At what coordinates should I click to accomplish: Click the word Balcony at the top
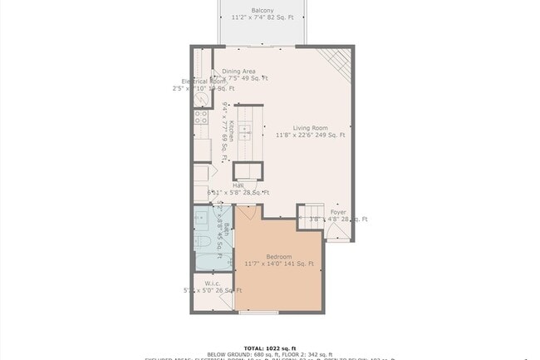point(263,10)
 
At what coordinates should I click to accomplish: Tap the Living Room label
point(310,127)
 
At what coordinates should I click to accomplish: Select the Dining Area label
point(238,72)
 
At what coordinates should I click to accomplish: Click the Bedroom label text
point(279,256)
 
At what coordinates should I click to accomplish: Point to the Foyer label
point(338,212)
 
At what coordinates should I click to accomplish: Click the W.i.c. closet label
point(212,283)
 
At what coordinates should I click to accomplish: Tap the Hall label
point(226,185)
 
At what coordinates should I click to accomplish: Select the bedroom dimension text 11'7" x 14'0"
point(279,264)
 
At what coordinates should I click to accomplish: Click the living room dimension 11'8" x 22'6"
point(310,135)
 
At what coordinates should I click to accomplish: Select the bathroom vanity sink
point(202,219)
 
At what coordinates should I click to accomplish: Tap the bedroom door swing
point(243,215)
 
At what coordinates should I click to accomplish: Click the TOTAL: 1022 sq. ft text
point(269,348)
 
